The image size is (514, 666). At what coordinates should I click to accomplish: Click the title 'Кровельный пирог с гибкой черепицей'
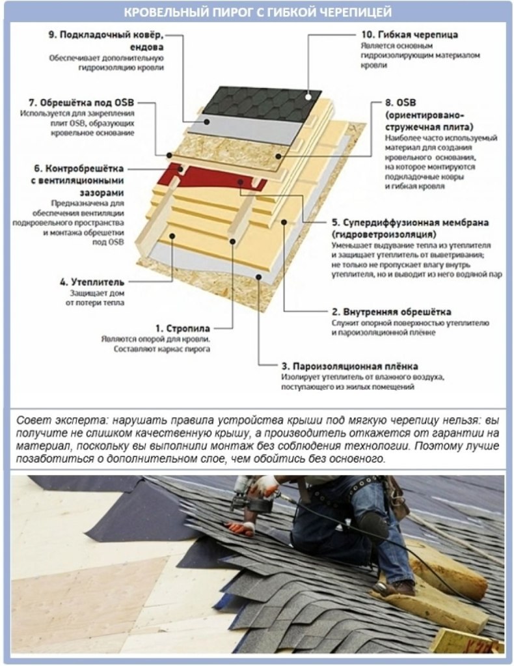point(257,11)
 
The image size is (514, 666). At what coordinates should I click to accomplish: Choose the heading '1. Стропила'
point(183,329)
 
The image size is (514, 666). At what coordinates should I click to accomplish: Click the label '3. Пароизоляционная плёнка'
point(350,366)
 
